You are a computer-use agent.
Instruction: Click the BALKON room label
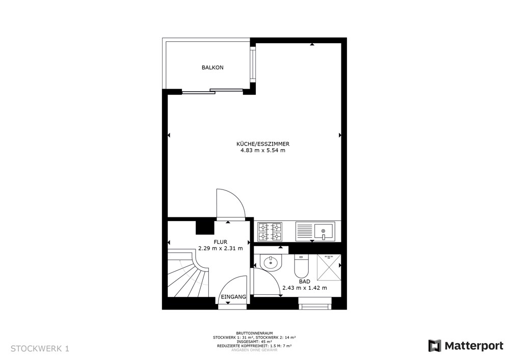[212, 68]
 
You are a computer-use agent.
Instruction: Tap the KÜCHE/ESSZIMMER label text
[262, 144]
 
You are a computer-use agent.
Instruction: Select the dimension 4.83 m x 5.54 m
[262, 150]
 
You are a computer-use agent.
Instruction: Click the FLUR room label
[220, 242]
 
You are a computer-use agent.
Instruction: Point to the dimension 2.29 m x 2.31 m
[220, 248]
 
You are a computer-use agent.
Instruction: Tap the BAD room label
[305, 281]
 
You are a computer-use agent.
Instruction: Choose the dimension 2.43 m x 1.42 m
[305, 288]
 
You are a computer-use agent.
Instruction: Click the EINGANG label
[234, 297]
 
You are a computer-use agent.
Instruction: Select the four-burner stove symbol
[270, 232]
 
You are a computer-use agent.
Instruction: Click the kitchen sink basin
[324, 231]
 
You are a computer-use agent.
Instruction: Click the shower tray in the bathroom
[329, 267]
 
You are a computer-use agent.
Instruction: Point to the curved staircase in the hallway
[186, 275]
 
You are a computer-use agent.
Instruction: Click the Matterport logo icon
[435, 346]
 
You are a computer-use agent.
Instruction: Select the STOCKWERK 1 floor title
[40, 349]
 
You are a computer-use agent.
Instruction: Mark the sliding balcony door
[212, 92]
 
